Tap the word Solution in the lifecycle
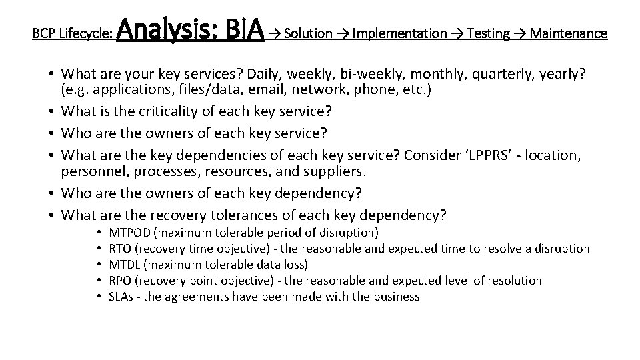(308, 33)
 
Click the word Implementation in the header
(399, 33)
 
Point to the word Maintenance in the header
(569, 33)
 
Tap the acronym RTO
(119, 249)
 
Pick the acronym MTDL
(125, 265)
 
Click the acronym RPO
(120, 281)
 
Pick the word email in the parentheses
(254, 89)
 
